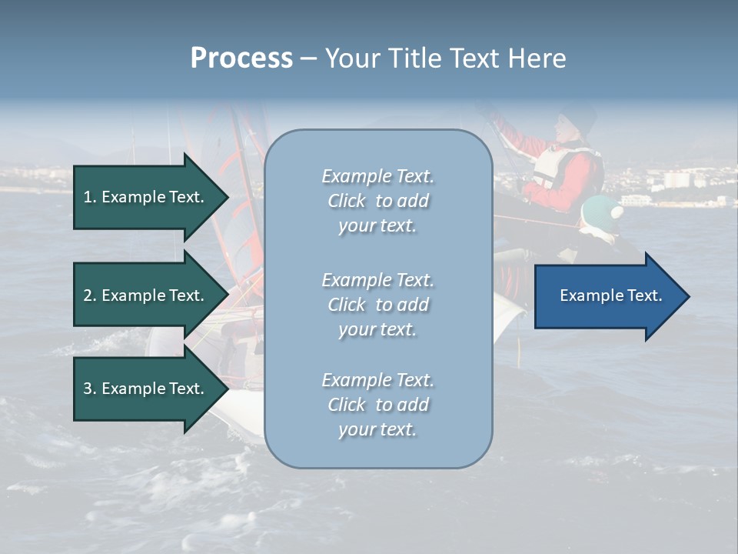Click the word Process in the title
[x=241, y=58]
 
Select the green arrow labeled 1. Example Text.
[x=146, y=197]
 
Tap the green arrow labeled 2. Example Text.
[x=146, y=295]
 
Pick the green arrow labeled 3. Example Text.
[x=146, y=389]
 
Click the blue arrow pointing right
[x=607, y=296]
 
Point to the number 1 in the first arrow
[x=88, y=197]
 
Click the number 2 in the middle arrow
[x=88, y=295]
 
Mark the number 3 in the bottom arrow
[x=88, y=389]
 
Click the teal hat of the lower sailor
[x=600, y=210]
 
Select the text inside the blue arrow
[x=610, y=295]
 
